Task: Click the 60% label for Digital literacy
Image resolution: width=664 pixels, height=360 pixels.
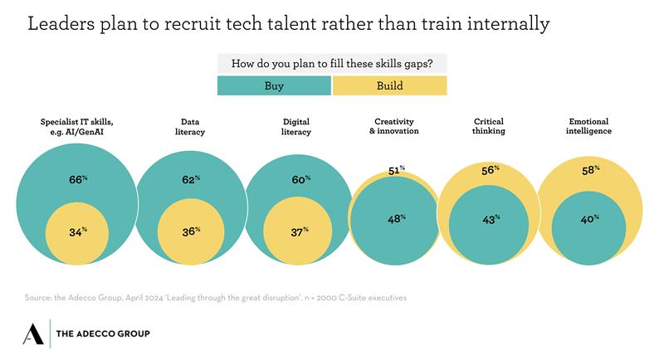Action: [x=300, y=178]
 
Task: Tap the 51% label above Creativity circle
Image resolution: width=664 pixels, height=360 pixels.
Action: [x=397, y=170]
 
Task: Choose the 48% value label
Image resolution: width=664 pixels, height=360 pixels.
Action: [x=397, y=219]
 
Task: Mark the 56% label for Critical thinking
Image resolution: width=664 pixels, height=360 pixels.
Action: [x=491, y=170]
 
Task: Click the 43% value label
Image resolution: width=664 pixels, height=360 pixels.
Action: [x=491, y=219]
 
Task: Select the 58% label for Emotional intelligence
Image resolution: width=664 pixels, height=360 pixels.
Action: [x=589, y=170]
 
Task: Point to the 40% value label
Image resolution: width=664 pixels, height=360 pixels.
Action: [x=589, y=219]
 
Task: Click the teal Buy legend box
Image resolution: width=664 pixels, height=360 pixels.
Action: [x=274, y=85]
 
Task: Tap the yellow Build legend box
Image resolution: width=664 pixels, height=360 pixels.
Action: [x=390, y=85]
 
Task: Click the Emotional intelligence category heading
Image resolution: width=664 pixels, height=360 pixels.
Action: [x=590, y=125]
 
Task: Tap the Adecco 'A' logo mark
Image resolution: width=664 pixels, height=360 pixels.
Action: [x=34, y=333]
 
